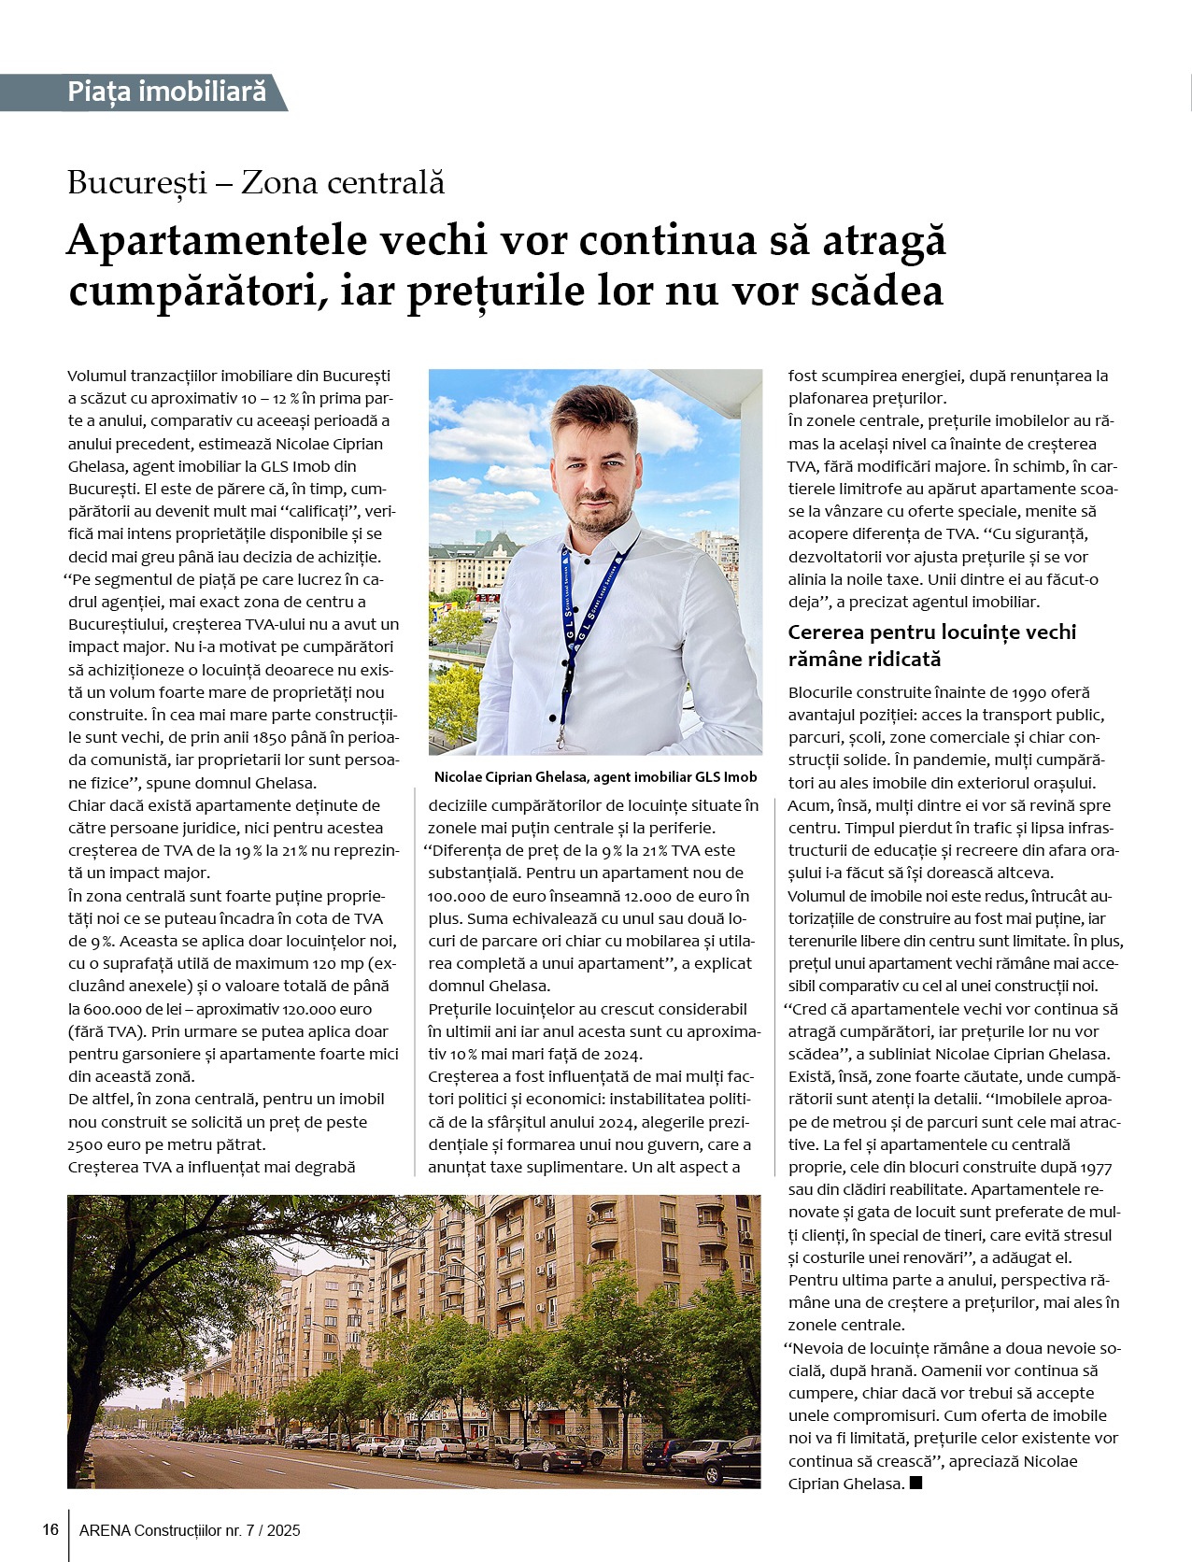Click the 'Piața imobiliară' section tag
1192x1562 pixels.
tap(166, 92)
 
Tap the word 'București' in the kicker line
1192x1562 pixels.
tap(136, 182)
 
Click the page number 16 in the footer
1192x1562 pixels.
tap(50, 1529)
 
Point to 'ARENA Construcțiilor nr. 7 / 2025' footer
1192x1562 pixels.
tap(190, 1530)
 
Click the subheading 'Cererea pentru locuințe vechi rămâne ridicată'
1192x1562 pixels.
tap(931, 646)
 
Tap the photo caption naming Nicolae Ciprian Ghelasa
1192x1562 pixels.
tap(595, 777)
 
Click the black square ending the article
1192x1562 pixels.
tap(915, 1483)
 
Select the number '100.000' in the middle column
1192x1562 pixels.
tap(453, 896)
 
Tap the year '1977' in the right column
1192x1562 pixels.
tap(1096, 1167)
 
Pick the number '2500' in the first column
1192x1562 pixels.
tap(85, 1144)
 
